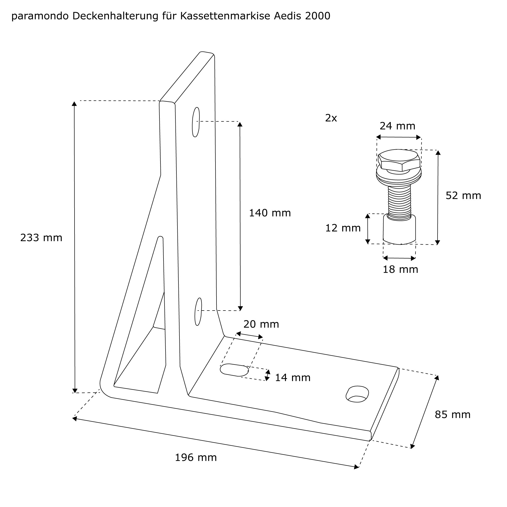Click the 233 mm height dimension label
41,238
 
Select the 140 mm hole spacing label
270,213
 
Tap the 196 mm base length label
196,458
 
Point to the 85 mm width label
453,415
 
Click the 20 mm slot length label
261,324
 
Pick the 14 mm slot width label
293,378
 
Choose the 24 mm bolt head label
397,126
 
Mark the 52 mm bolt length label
463,196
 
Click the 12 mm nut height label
343,228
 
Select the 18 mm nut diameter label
401,269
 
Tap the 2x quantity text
331,118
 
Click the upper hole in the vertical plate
196,122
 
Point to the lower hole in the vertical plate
198,312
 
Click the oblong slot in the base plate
234,370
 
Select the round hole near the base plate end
357,394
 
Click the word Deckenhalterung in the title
115,16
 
